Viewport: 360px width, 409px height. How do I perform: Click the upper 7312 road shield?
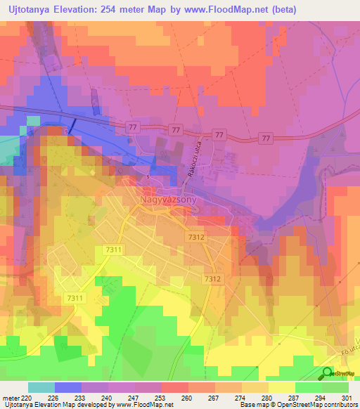point(196,238)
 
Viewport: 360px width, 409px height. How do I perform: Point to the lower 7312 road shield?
point(214,279)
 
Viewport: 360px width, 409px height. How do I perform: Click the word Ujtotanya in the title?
point(31,10)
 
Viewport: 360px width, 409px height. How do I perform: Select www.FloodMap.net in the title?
point(227,10)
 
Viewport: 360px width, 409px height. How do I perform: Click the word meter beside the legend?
point(11,397)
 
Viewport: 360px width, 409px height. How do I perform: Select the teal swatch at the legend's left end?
point(41,387)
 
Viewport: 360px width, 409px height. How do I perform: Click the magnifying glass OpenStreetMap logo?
point(328,374)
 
